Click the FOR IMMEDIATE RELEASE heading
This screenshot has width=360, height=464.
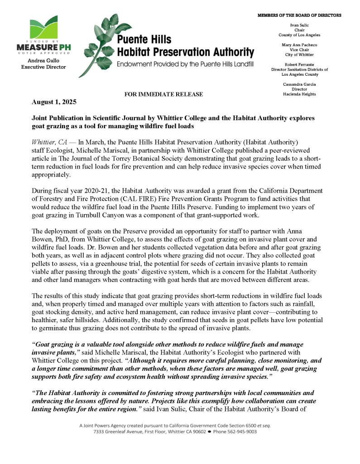163,94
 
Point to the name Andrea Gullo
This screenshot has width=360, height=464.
43,60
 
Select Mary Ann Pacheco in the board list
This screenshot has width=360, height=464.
299,45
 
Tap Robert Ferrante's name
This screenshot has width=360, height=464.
299,64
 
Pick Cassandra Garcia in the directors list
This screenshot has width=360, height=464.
299,84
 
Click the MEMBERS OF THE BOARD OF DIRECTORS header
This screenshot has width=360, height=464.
299,15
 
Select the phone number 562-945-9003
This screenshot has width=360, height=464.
241,432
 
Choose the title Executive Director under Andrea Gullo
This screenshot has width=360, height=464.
43,67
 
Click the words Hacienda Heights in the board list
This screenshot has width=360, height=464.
299,94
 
